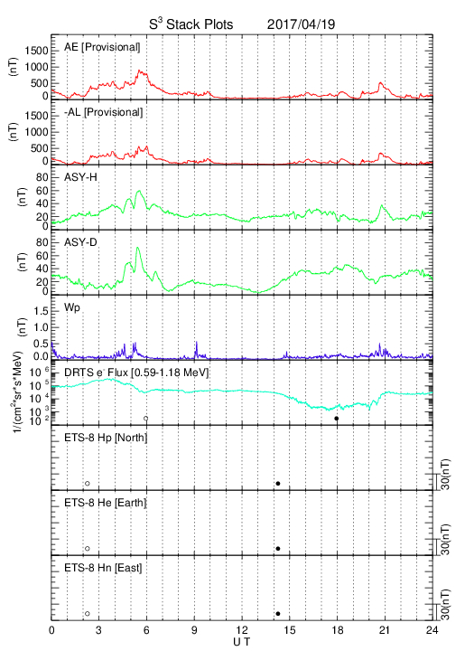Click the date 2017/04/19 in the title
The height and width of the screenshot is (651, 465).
coord(301,24)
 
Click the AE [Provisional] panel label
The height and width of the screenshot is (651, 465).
coord(102,47)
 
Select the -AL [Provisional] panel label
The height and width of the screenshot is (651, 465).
coord(103,112)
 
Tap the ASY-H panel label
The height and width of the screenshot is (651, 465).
coord(80,177)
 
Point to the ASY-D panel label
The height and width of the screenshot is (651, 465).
coord(80,242)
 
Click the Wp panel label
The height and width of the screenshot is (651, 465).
coord(71,308)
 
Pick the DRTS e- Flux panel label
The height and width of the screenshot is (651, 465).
coord(136,373)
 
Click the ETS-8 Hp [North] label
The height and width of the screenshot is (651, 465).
coord(106,438)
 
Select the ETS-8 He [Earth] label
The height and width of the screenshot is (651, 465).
coord(106,503)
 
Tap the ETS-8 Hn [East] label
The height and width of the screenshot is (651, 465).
coord(103,568)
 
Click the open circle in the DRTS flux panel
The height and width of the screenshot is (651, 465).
coord(146,419)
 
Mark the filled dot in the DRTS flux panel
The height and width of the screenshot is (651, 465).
coord(337,419)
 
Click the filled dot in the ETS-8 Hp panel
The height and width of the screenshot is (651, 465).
coord(278,483)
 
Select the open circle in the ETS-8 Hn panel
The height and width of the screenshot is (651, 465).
coord(88,613)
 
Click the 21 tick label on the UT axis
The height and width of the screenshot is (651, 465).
coord(385,630)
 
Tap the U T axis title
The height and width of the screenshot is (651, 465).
coord(242,642)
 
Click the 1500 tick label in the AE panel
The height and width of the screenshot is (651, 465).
coord(36,51)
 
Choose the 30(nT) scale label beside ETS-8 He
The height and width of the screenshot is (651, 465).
coord(445,540)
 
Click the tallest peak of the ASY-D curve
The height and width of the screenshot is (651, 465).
coord(137,248)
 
